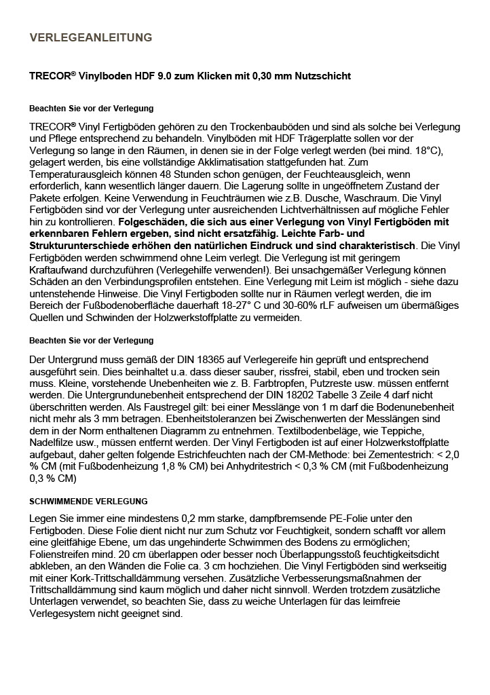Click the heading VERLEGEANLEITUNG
91,37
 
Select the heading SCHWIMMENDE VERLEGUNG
88,502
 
